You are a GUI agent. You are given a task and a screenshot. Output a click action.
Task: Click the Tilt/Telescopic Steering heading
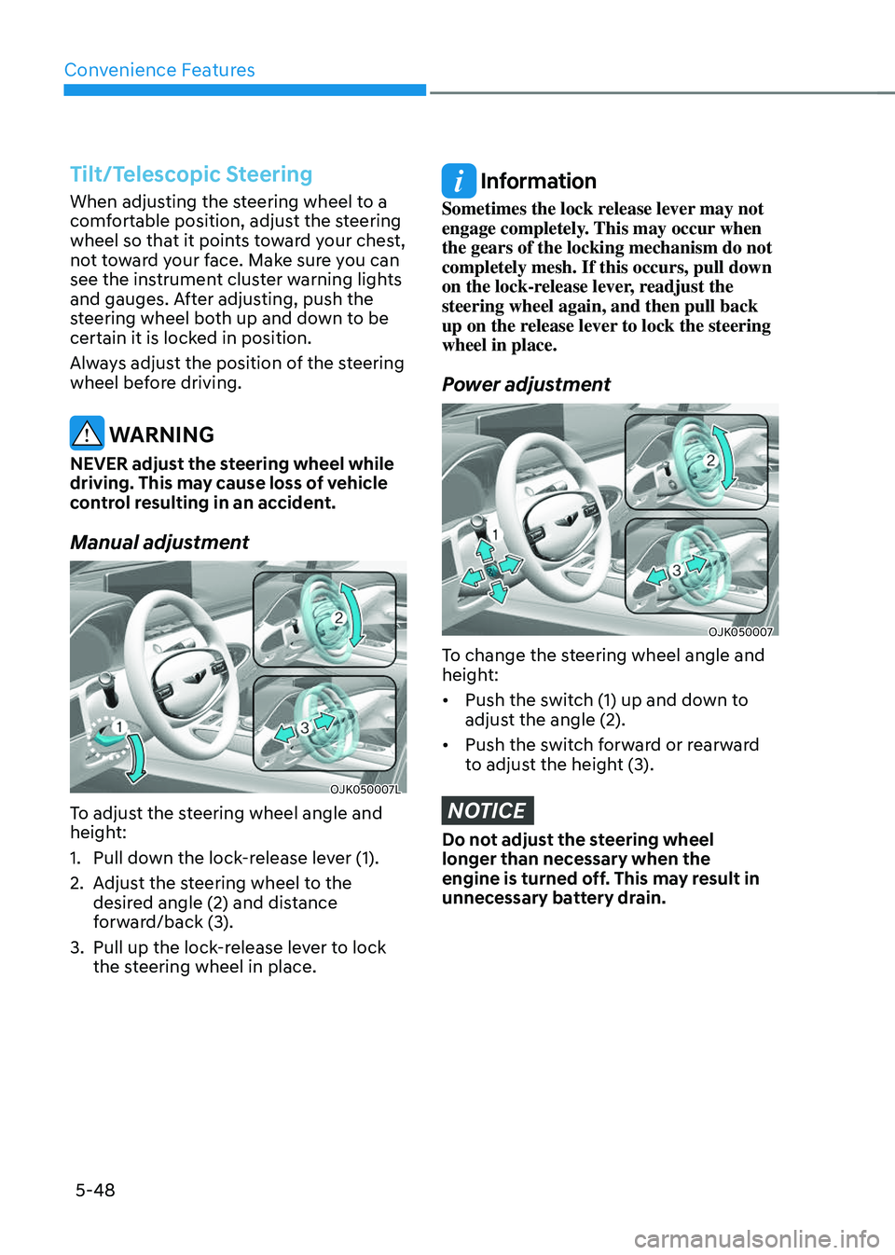191,174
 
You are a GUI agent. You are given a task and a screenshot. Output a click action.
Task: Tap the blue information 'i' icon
459,181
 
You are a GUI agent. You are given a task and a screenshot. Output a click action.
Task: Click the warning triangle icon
87,433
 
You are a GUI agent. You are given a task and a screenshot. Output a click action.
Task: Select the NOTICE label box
488,810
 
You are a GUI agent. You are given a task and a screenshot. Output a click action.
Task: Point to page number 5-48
95,1190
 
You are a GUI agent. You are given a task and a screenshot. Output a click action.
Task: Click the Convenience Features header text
159,70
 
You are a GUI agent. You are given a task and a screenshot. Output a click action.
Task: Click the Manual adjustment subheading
159,543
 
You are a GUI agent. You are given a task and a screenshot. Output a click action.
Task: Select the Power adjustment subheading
526,384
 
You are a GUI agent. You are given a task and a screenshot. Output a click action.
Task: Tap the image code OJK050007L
365,790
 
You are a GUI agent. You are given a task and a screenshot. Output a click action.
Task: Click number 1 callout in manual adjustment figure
118,727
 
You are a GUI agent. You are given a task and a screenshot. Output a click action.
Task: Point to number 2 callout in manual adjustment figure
338,618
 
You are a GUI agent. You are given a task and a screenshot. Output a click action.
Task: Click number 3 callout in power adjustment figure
677,571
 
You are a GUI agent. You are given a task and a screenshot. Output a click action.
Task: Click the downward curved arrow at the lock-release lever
136,759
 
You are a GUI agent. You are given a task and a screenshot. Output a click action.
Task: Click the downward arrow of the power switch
498,592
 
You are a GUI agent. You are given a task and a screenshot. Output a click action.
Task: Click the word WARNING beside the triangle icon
162,434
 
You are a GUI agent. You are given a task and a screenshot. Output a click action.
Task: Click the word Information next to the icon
538,181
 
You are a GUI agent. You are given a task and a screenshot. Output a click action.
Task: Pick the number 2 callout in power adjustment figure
710,461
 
